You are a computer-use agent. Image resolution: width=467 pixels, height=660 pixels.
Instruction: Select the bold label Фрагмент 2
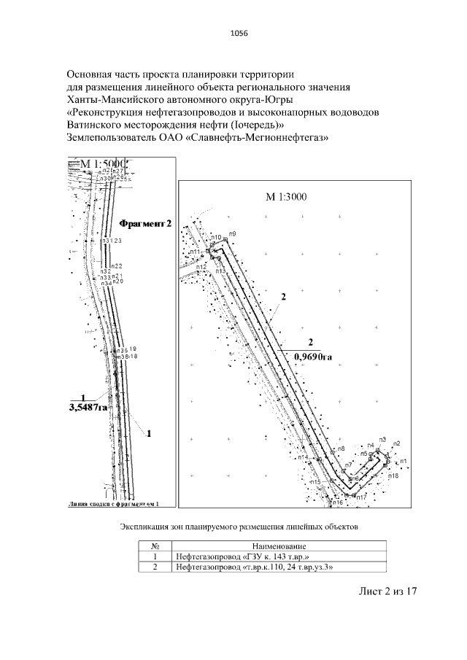click(144, 223)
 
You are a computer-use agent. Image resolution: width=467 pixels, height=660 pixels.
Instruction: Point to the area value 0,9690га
click(312, 357)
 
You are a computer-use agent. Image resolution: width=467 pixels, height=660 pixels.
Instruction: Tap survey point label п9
click(232, 233)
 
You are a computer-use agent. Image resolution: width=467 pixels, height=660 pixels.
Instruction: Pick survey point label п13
click(221, 271)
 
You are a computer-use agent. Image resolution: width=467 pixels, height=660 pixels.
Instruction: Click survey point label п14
click(303, 458)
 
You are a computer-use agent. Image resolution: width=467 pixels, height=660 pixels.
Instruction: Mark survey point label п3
click(382, 440)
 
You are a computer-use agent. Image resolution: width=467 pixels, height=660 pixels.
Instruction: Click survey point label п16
click(337, 503)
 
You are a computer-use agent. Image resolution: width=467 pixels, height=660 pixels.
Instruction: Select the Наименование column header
click(279, 546)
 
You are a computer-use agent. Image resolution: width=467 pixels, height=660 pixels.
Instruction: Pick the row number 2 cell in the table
click(155, 567)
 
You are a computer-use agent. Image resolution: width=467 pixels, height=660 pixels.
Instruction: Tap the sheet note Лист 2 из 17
click(387, 591)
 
